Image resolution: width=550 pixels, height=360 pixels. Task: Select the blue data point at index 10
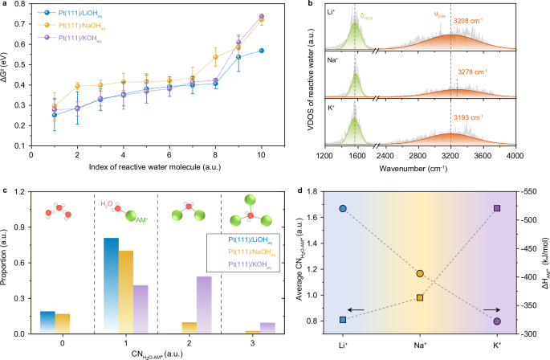coord(262,51)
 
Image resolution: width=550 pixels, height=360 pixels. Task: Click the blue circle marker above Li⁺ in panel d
coord(343,208)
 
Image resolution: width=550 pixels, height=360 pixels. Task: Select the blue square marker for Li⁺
coord(343,320)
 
